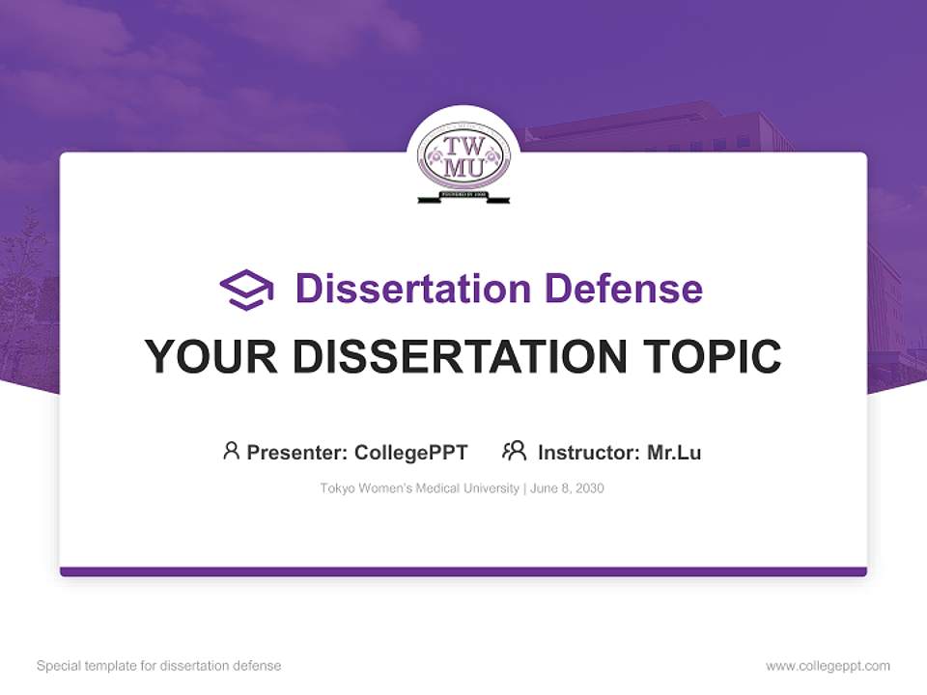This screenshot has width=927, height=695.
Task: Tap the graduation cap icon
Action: [246, 289]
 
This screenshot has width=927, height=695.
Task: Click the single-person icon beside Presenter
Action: [231, 451]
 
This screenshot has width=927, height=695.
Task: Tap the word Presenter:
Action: [296, 452]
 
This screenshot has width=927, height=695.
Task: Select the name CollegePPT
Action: [411, 452]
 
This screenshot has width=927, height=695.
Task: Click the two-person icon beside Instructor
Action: [514, 451]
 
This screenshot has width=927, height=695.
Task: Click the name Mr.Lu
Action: [674, 452]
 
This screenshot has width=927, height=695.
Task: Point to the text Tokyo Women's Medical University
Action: [420, 488]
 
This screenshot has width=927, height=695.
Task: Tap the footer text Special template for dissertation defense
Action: [159, 666]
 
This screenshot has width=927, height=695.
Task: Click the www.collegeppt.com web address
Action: [828, 666]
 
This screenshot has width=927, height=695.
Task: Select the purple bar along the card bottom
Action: [463, 571]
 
